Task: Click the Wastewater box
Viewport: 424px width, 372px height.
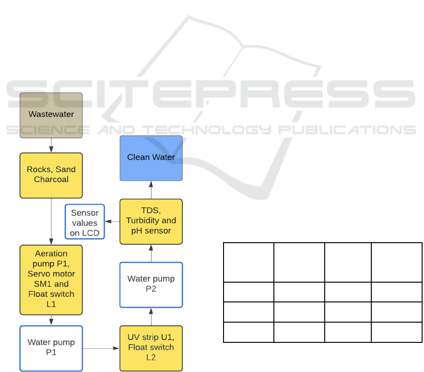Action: tap(51, 115)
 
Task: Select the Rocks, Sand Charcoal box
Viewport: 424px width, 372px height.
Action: tap(51, 175)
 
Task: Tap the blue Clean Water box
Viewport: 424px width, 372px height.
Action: tap(151, 158)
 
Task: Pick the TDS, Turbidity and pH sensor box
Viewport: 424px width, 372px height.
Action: tap(151, 221)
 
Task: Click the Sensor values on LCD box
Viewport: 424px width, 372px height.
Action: tap(84, 222)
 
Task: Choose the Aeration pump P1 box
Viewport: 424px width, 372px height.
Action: tap(51, 279)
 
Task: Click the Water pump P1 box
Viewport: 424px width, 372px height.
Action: tap(51, 348)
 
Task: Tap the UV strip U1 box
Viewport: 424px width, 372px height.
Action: tap(151, 348)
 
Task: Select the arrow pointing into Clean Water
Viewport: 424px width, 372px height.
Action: tap(151, 190)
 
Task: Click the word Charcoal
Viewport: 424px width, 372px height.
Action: tap(51, 180)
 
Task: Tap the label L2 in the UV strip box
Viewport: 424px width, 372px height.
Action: tap(151, 357)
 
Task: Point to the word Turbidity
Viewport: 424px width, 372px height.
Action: tap(146, 221)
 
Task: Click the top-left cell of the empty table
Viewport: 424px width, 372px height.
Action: tap(248, 262)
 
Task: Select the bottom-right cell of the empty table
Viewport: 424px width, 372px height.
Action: tap(396, 332)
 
